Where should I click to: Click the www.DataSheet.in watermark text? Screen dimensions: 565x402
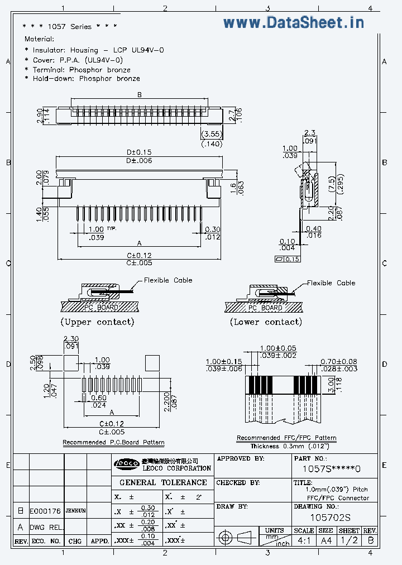coord(294,22)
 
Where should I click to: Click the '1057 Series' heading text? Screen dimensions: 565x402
coord(69,26)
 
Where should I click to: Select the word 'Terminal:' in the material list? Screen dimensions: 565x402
coord(49,70)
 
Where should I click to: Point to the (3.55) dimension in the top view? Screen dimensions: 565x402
coord(212,134)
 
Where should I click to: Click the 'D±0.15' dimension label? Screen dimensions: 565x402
coord(139,152)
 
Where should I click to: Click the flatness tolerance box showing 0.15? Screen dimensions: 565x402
coord(288,259)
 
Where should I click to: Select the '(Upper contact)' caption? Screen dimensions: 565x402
coord(97,322)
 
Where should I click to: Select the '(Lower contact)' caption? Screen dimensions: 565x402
coord(266,322)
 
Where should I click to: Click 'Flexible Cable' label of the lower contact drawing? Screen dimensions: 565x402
coord(331,283)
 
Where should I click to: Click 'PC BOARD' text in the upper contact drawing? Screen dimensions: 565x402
coord(101,308)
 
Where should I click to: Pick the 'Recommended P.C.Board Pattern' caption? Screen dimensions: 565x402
coord(113,442)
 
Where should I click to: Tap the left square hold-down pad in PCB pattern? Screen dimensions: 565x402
coord(71,362)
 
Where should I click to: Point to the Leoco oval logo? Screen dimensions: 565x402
coord(125,463)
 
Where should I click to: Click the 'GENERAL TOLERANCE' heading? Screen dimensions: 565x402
coord(163,482)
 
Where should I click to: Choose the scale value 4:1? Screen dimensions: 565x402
coord(304,540)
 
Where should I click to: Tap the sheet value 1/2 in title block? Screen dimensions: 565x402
coord(349,540)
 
